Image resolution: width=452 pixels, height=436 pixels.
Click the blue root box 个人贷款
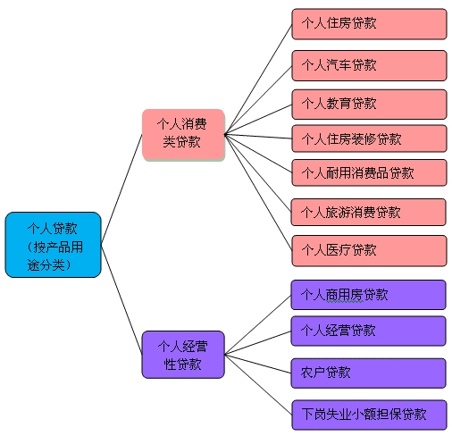[x=54, y=245]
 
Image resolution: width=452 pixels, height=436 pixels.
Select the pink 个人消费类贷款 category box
[x=183, y=135]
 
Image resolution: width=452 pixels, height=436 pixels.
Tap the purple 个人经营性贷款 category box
[x=183, y=355]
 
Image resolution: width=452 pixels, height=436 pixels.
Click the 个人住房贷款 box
[x=369, y=24]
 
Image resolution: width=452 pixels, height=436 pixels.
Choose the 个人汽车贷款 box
[x=369, y=65]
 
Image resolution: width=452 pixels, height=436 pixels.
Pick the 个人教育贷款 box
[x=369, y=105]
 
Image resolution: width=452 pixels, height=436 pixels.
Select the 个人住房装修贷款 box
[x=369, y=138]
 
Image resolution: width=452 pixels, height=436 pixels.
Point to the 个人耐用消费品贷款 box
[x=369, y=172]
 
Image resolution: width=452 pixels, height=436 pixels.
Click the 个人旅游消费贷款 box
[x=368, y=212]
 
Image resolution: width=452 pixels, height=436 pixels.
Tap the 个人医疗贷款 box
[x=369, y=250]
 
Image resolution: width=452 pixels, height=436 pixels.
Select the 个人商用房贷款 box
[x=368, y=295]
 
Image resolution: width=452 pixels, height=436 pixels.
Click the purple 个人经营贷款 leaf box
[x=368, y=331]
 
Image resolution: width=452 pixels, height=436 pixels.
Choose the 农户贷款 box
[x=368, y=373]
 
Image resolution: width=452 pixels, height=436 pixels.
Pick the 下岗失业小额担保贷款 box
[x=369, y=415]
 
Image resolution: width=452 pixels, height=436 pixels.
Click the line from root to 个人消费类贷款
[x=121, y=189]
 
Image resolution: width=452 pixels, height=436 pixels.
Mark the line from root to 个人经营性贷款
[x=121, y=299]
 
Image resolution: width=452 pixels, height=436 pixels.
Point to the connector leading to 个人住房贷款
[x=258, y=80]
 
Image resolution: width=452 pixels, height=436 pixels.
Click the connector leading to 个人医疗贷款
[x=258, y=192]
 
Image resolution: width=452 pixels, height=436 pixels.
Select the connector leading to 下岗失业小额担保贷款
[x=258, y=384]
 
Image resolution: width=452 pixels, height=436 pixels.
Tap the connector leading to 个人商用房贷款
[x=257, y=324]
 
